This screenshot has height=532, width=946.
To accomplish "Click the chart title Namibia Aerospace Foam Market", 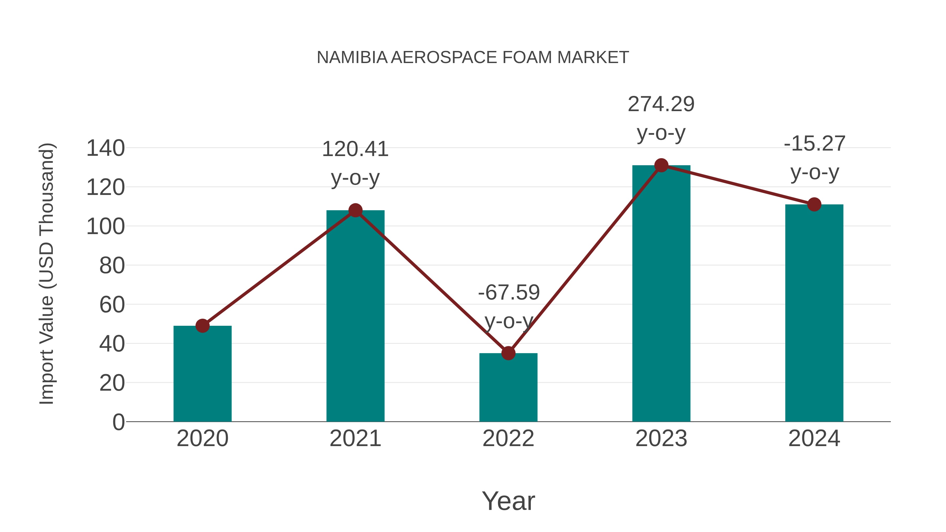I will point(473,58).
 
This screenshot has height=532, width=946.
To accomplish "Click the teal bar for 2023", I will point(661,294).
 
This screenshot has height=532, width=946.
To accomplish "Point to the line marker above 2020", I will point(202,326).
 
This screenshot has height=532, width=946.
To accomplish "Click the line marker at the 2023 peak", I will point(661,166).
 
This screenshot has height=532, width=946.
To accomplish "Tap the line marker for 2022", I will point(508,353).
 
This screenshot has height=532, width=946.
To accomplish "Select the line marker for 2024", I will point(814,204).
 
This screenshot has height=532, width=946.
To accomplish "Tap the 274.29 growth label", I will point(661,104).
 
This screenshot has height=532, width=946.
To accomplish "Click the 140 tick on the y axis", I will point(105,148).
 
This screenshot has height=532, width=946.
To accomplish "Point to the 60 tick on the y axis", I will point(112,305).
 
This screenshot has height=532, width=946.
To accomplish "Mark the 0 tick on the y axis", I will point(118,422).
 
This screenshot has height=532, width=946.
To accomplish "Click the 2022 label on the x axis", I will point(508,438).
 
